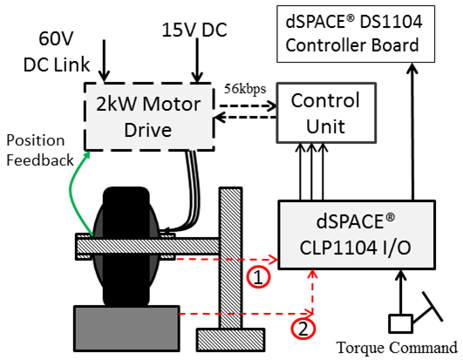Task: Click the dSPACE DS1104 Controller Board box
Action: (x=356, y=34)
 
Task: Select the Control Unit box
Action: (x=326, y=113)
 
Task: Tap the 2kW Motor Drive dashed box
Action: (x=148, y=117)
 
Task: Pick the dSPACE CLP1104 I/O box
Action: (x=357, y=234)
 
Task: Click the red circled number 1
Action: (x=259, y=277)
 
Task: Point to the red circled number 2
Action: (x=303, y=329)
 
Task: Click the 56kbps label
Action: (x=245, y=89)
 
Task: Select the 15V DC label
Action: (x=194, y=30)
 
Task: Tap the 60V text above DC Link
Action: (x=56, y=38)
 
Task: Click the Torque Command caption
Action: (x=397, y=347)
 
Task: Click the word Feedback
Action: (x=40, y=160)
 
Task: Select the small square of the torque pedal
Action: (x=400, y=323)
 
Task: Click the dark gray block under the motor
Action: (x=126, y=329)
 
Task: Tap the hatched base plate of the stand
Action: (x=230, y=340)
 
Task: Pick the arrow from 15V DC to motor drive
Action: (x=197, y=60)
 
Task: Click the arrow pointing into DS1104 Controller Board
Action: (x=412, y=132)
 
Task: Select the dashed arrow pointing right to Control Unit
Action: (x=248, y=105)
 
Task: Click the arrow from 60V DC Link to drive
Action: (x=104, y=60)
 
